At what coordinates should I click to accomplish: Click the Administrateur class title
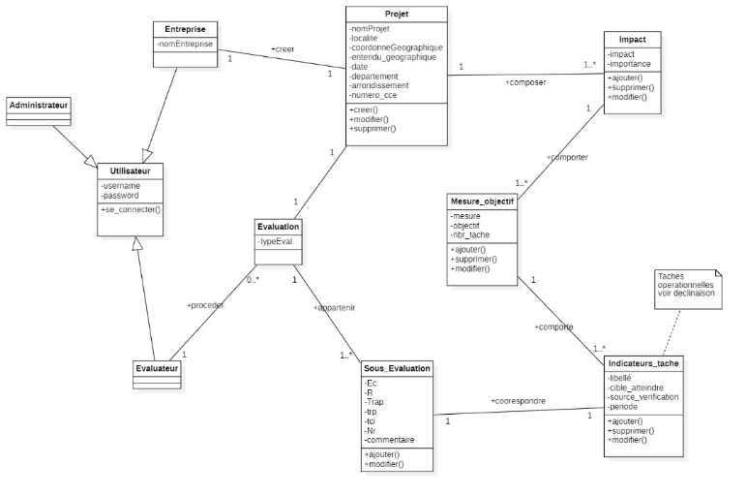(x=40, y=104)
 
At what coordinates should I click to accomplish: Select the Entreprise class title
(x=185, y=29)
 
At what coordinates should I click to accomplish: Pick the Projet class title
(x=397, y=15)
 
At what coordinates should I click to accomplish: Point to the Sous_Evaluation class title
(x=397, y=369)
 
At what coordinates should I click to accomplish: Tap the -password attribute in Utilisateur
(x=122, y=195)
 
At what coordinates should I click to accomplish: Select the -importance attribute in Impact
(x=631, y=64)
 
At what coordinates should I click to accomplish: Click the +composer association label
(x=525, y=82)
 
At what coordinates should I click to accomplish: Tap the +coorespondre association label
(x=518, y=400)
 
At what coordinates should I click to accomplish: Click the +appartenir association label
(x=335, y=308)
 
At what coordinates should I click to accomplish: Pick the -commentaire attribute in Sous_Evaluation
(x=391, y=440)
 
